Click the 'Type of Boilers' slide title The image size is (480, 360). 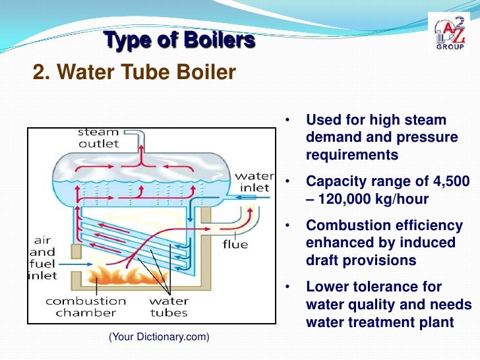pyautogui.click(x=179, y=42)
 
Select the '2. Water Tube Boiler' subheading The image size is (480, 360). pyautogui.click(x=134, y=71)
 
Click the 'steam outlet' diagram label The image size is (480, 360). pyautogui.click(x=98, y=138)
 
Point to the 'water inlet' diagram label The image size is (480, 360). pyautogui.click(x=255, y=182)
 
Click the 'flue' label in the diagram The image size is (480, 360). pyautogui.click(x=235, y=245)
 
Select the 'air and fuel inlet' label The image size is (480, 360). pyautogui.click(x=42, y=258)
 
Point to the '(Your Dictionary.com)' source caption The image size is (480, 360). pyautogui.click(x=158, y=337)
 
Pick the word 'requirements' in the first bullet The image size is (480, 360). pyautogui.click(x=352, y=155)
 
